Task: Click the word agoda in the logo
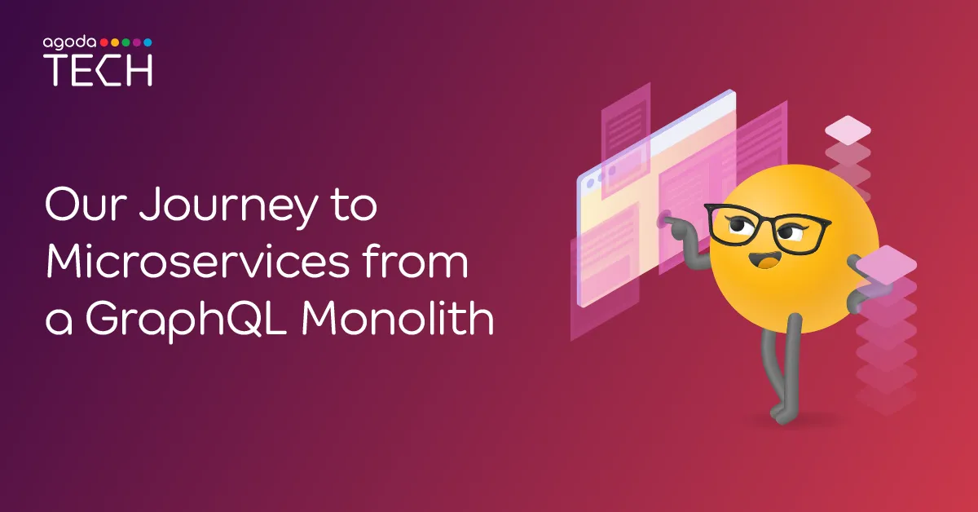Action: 69,43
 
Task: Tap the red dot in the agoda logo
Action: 104,42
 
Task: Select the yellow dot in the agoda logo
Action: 115,42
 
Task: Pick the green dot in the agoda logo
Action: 126,42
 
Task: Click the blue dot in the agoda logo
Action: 148,42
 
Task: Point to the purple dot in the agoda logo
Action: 137,42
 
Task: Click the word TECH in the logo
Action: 98,70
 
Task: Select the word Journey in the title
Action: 227,206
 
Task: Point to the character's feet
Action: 783,413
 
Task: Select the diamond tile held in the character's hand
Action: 887,265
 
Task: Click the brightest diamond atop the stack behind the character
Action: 848,130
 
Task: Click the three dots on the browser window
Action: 601,178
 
